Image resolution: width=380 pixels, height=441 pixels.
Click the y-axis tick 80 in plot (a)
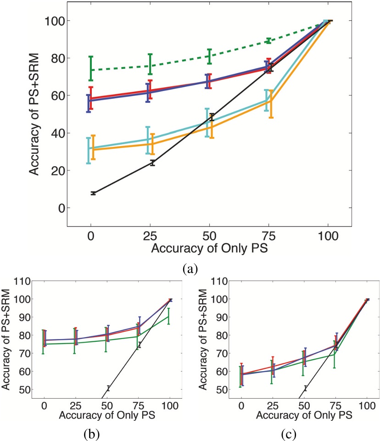tap(54, 58)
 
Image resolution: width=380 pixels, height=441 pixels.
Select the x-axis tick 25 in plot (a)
tap(150, 238)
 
